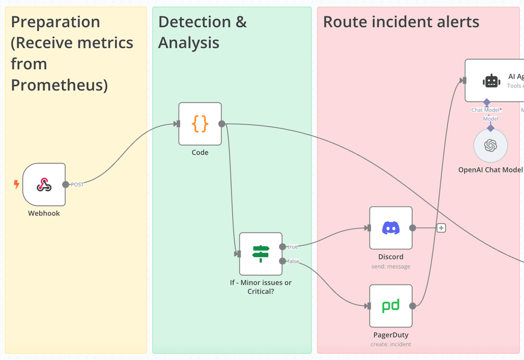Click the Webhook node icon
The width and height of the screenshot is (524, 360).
pos(44,184)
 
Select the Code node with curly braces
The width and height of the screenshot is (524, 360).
pos(200,124)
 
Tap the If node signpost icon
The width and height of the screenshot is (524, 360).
pos(260,254)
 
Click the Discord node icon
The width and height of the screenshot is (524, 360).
pos(390,228)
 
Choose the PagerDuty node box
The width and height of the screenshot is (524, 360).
pos(390,306)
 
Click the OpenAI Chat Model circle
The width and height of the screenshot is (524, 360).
pos(490,146)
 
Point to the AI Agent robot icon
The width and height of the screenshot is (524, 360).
pos(491,81)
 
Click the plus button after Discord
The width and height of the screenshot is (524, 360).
pos(441,228)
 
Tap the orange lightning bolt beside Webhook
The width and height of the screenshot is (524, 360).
pos(17,184)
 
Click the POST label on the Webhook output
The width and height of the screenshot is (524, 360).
pos(77,184)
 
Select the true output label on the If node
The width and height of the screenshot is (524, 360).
pos(292,246)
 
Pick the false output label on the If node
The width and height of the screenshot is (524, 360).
pos(293,261)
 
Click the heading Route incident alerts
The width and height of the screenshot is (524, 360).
pos(401,22)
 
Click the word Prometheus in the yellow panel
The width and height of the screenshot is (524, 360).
pos(59,85)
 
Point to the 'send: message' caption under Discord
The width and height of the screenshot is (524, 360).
pos(390,267)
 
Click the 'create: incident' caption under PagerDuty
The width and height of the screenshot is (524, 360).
pos(390,344)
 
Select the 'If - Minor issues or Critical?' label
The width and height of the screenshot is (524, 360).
pos(260,287)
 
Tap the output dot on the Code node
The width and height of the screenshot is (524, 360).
pos(222,124)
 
